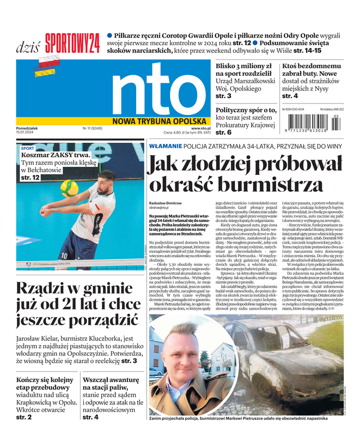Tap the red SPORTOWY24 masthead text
click(72, 41)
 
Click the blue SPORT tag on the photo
click(27, 148)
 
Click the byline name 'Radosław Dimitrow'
click(166, 202)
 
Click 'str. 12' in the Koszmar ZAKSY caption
click(30, 178)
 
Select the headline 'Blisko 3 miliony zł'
click(243, 66)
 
